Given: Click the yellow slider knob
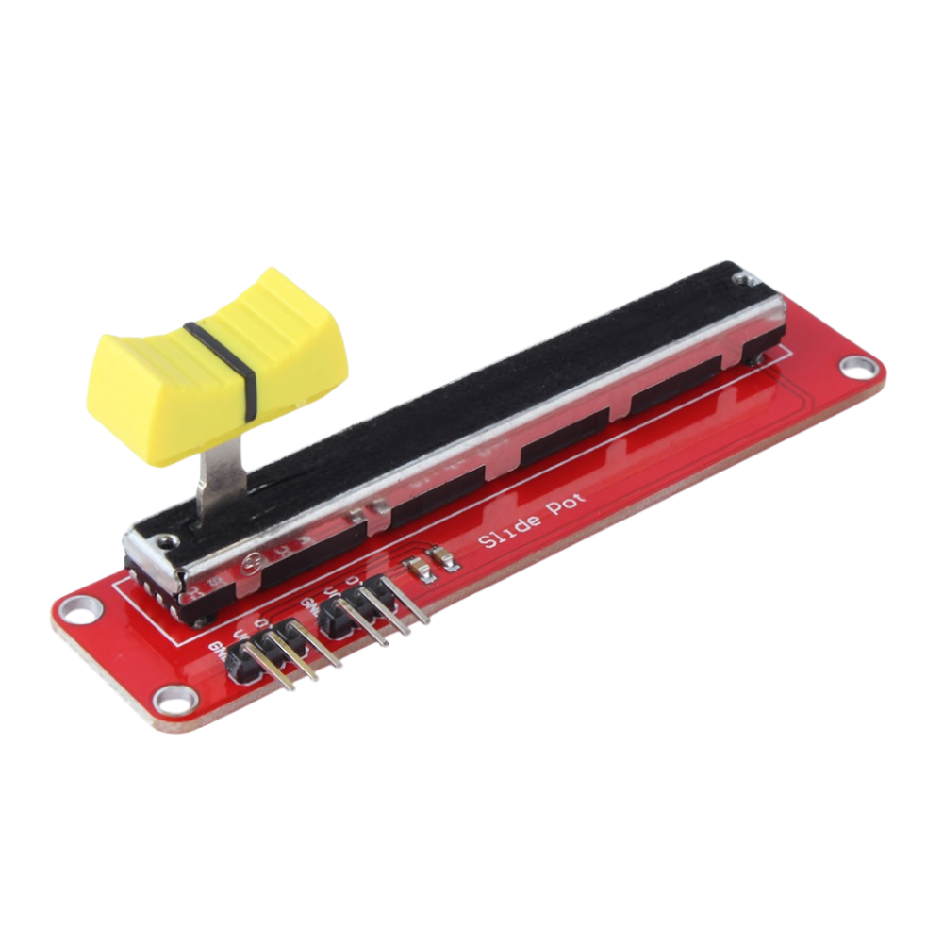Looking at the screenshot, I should pyautogui.click(x=217, y=363).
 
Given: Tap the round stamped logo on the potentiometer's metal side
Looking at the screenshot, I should pyautogui.click(x=250, y=562).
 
